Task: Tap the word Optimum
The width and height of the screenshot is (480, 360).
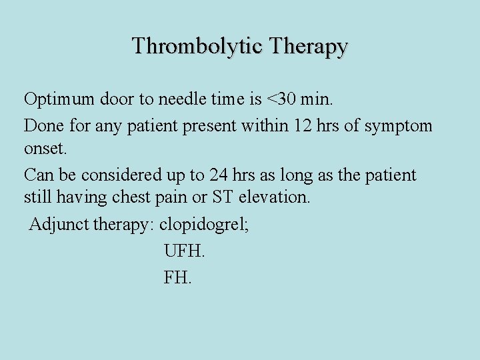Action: (59, 100)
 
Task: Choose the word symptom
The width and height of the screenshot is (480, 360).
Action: (399, 125)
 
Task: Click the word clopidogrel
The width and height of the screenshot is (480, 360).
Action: (203, 225)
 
